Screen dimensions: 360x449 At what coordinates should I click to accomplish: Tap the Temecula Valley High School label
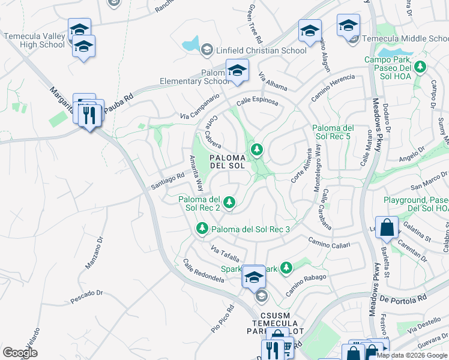[34, 40]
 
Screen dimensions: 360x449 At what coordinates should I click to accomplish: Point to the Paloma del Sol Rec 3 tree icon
[202, 229]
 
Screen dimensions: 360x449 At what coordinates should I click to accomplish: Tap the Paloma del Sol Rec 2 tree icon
[229, 202]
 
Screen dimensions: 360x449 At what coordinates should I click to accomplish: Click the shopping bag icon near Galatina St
[387, 228]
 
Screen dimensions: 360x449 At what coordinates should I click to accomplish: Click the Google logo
[20, 353]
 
